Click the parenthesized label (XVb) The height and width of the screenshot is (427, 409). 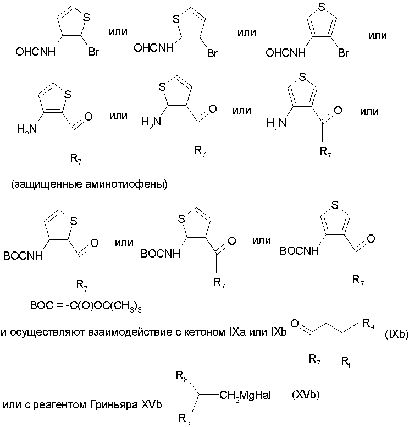coord(306,394)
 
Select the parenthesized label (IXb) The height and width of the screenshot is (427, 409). coord(396,334)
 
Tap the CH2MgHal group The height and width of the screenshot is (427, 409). coord(245,395)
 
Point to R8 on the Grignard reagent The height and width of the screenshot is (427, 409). coord(183,376)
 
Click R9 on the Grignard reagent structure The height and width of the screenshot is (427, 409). coord(185,419)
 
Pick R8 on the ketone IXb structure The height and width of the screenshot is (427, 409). coord(347,362)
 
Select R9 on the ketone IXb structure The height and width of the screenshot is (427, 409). coord(368,324)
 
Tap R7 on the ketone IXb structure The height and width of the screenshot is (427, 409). coord(314,360)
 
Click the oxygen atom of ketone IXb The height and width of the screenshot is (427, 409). coord(295,324)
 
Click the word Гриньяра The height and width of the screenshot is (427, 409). coord(114,405)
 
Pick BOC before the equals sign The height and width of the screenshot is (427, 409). coord(42,305)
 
